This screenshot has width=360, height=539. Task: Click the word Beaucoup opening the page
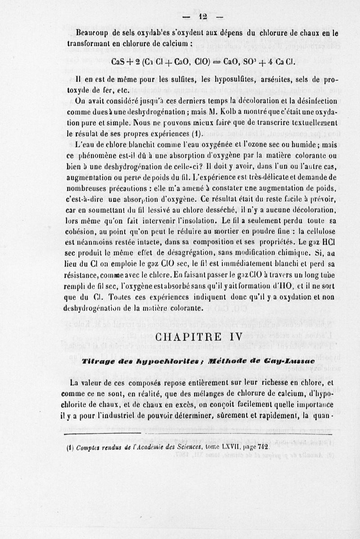tap(93, 33)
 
